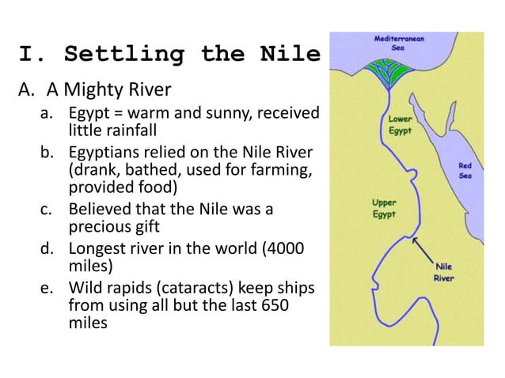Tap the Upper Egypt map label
[x=385, y=209]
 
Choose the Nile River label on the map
[x=444, y=272]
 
